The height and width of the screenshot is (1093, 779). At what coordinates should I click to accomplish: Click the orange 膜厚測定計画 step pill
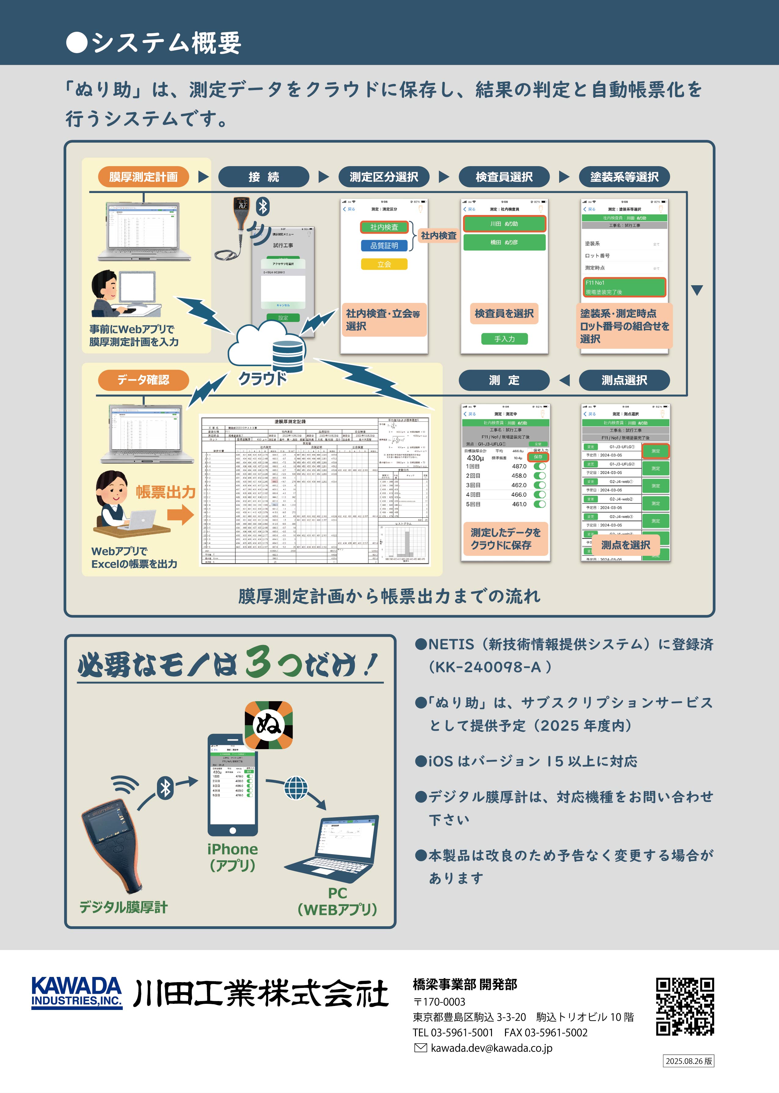144,177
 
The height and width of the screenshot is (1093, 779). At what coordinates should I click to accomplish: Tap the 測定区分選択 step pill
384,177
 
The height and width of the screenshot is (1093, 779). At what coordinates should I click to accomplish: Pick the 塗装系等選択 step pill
624,177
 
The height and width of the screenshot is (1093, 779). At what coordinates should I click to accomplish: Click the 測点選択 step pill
624,380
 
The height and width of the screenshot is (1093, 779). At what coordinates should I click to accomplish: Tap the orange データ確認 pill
144,380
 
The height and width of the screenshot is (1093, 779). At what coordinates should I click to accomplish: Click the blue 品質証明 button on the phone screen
384,246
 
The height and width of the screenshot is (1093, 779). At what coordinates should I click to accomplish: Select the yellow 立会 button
384,264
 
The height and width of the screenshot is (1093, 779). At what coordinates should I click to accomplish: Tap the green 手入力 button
504,339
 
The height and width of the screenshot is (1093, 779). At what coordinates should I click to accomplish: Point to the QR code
685,1007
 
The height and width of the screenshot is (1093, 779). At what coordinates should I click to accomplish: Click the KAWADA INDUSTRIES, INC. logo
77,992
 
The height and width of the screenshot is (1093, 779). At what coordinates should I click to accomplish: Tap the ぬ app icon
269,725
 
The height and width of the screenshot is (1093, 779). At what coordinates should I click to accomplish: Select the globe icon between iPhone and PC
296,788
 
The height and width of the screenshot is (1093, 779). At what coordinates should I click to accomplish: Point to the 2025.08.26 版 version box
688,1061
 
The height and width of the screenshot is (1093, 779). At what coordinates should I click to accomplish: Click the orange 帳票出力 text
166,492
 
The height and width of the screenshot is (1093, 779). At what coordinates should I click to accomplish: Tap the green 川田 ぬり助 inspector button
504,224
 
